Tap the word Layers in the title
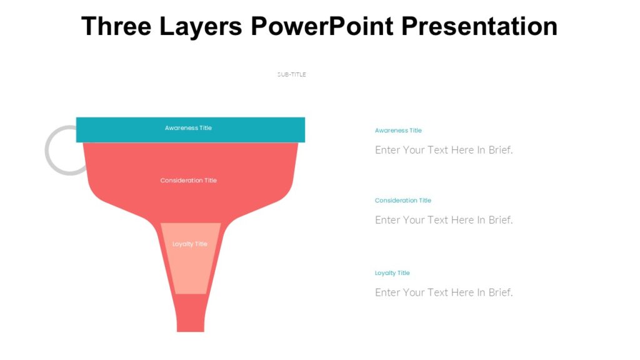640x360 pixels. click(201, 26)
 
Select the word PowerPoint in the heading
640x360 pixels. click(322, 26)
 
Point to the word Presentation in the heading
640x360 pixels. click(479, 26)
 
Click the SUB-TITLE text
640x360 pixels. click(292, 74)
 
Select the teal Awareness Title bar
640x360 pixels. click(262, 129)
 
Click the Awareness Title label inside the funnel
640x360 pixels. click(188, 128)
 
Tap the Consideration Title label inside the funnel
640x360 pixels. click(188, 181)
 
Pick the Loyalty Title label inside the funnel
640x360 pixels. click(190, 244)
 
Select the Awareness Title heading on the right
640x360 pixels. click(398, 131)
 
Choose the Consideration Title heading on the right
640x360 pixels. click(403, 201)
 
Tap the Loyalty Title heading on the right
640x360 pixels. click(392, 273)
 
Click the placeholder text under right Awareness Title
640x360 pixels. click(444, 150)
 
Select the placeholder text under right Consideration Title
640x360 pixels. click(444, 220)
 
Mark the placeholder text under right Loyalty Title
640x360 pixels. click(444, 292)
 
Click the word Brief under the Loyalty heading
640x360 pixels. click(500, 292)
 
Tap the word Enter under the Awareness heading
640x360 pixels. click(387, 150)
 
